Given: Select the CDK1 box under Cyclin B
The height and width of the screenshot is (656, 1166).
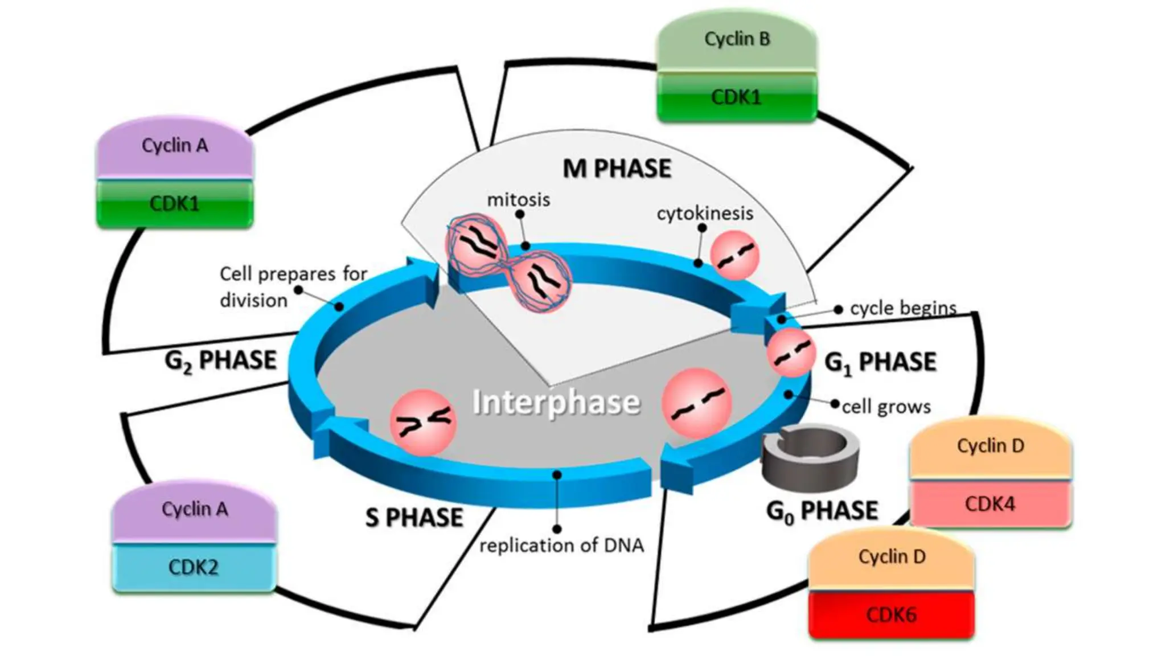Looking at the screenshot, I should [x=737, y=97].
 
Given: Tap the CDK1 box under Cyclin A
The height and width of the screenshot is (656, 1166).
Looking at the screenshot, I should [x=175, y=203].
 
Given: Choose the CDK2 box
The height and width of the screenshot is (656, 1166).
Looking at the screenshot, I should [x=194, y=567].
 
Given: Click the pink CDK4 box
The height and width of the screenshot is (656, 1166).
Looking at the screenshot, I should [x=990, y=504].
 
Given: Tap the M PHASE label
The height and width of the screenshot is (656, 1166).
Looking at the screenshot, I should [x=617, y=169].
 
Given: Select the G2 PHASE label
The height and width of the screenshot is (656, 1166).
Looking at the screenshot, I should [x=220, y=361].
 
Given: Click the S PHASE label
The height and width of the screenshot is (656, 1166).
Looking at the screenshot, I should [x=414, y=518].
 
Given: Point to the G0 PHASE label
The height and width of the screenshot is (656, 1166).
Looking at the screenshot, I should [x=822, y=511].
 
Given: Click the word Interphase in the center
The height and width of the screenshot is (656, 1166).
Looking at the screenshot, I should [x=556, y=403].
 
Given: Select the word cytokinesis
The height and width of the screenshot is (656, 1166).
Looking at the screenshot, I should [x=705, y=214].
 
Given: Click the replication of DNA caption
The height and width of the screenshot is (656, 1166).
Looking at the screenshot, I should [x=561, y=546].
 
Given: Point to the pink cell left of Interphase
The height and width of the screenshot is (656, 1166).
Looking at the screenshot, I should [x=422, y=422].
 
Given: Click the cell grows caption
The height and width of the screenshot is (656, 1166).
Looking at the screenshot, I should [x=886, y=407].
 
